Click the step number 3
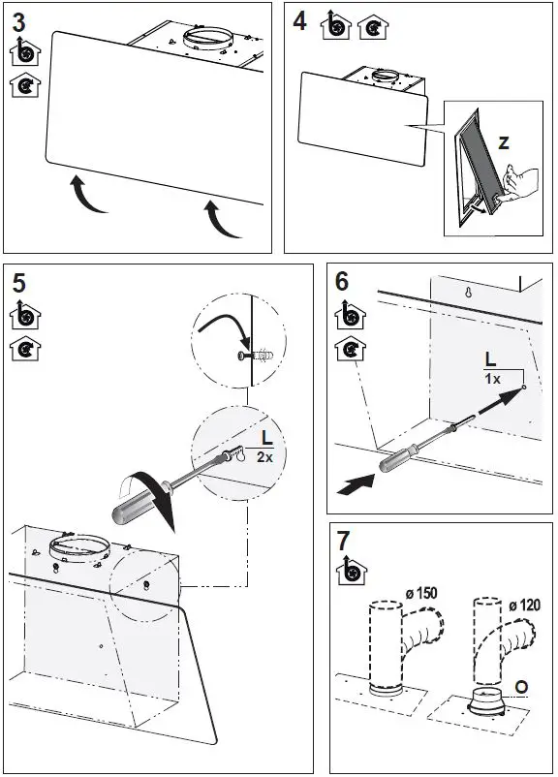(x=18, y=23)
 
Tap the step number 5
(x=18, y=284)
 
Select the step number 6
(x=342, y=282)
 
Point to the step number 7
(x=344, y=541)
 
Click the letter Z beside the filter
(x=504, y=142)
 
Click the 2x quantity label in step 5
(x=264, y=457)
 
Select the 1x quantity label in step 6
(x=492, y=379)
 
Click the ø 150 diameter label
(x=421, y=593)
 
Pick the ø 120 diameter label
(x=525, y=606)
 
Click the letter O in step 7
(x=521, y=687)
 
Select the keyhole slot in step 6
(x=468, y=293)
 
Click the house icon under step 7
(x=352, y=570)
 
